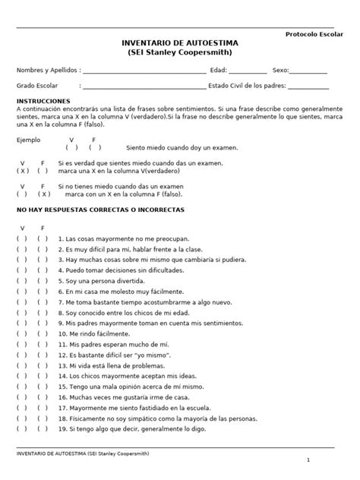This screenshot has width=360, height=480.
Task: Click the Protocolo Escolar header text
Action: (314, 34)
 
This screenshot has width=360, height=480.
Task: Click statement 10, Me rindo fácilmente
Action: (90, 333)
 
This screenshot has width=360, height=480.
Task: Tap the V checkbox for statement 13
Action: (23, 365)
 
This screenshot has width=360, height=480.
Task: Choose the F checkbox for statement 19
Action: (43, 428)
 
